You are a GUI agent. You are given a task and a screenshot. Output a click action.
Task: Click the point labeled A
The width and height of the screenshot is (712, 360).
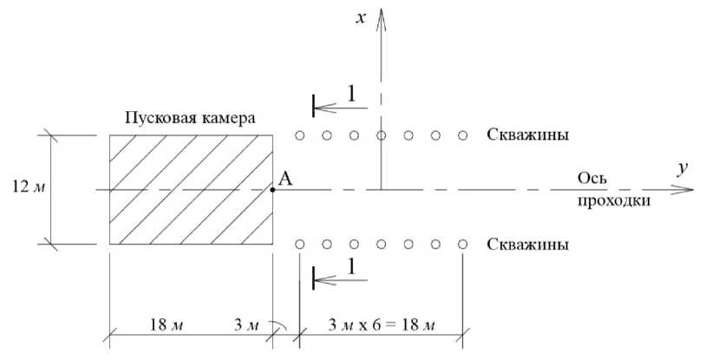(273, 189)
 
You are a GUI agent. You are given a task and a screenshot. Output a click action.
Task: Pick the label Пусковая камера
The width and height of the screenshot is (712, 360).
(191, 117)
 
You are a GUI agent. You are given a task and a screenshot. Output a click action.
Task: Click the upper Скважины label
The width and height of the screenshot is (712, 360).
(528, 135)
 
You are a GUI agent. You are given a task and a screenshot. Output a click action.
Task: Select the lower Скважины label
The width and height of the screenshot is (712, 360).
(528, 245)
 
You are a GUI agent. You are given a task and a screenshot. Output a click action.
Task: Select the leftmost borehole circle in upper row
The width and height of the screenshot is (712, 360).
(299, 135)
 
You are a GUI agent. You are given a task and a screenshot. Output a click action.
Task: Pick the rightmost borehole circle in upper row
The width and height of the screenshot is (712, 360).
(464, 135)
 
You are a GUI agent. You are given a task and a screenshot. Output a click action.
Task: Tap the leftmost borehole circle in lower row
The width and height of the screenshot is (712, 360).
(299, 245)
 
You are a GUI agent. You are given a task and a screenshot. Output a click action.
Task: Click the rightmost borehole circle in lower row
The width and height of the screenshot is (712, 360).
(464, 245)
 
